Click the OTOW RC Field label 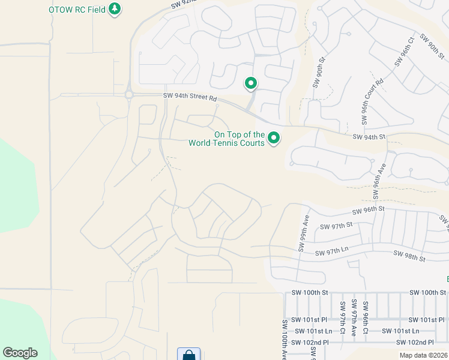click(x=77, y=9)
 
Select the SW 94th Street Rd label click(x=189, y=96)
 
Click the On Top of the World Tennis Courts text click(x=226, y=139)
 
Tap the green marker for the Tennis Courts click(x=274, y=139)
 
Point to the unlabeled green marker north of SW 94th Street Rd click(x=250, y=83)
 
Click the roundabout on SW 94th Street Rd click(x=128, y=94)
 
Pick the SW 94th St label click(x=368, y=137)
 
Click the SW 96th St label click(x=368, y=211)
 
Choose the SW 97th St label click(x=336, y=226)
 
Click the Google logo click(x=20, y=353)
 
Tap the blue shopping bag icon click(x=188, y=355)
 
